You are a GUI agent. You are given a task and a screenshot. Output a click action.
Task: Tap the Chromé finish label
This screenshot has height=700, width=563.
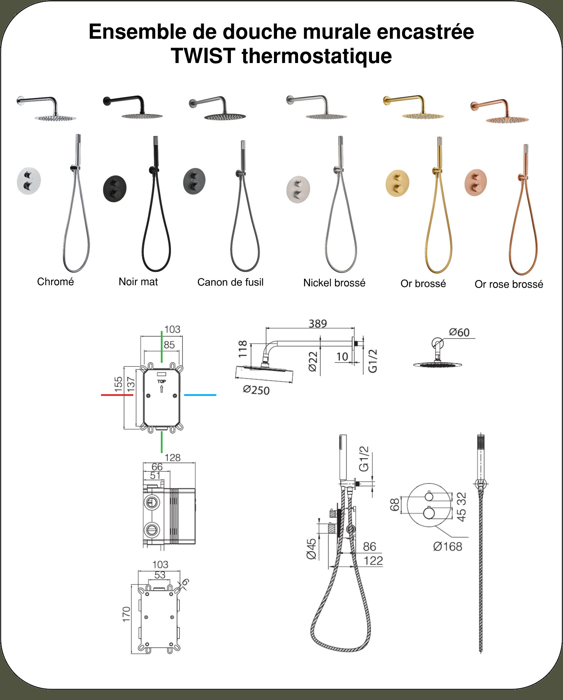tap(56, 282)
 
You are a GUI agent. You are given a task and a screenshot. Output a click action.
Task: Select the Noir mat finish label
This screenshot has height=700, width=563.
tap(138, 282)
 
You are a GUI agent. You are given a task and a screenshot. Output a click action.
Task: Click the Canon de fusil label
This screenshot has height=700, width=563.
tap(230, 282)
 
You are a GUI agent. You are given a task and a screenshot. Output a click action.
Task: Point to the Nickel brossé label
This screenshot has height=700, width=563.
tap(334, 283)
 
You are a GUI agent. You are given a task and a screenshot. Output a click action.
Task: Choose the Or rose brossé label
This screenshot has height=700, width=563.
tap(509, 284)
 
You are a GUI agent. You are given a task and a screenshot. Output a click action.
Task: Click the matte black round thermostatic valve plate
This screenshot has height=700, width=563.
tap(114, 188)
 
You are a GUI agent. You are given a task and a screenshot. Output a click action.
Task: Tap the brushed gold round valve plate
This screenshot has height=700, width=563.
tap(397, 183)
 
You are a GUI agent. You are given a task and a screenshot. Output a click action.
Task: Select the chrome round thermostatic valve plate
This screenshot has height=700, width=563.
tap(29, 181)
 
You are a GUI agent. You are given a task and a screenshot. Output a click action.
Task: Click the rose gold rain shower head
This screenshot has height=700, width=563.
tap(507, 120)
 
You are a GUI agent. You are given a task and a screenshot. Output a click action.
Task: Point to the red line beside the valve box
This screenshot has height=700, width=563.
tap(117, 395)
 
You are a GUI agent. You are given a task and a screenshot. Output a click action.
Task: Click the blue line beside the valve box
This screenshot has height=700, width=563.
tap(200, 395)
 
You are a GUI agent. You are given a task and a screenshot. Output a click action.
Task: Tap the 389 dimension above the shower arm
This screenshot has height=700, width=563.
tap(318, 323)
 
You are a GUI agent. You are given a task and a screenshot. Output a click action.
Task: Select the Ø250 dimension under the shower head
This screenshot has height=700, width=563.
tap(256, 390)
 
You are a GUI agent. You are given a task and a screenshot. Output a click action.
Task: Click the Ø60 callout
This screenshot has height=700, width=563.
tap(459, 332)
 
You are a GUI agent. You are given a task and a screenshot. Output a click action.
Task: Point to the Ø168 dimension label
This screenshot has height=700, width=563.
tap(447, 547)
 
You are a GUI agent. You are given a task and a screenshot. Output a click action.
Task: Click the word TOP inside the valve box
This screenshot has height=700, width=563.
tap(161, 382)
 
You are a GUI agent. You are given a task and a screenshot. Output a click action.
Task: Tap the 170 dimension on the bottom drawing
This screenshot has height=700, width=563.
tap(126, 614)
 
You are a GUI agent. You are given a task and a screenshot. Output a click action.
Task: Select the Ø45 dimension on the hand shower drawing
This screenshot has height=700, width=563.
tap(312, 549)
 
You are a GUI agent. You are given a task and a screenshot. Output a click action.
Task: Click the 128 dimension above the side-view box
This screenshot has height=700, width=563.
tap(173, 458)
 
